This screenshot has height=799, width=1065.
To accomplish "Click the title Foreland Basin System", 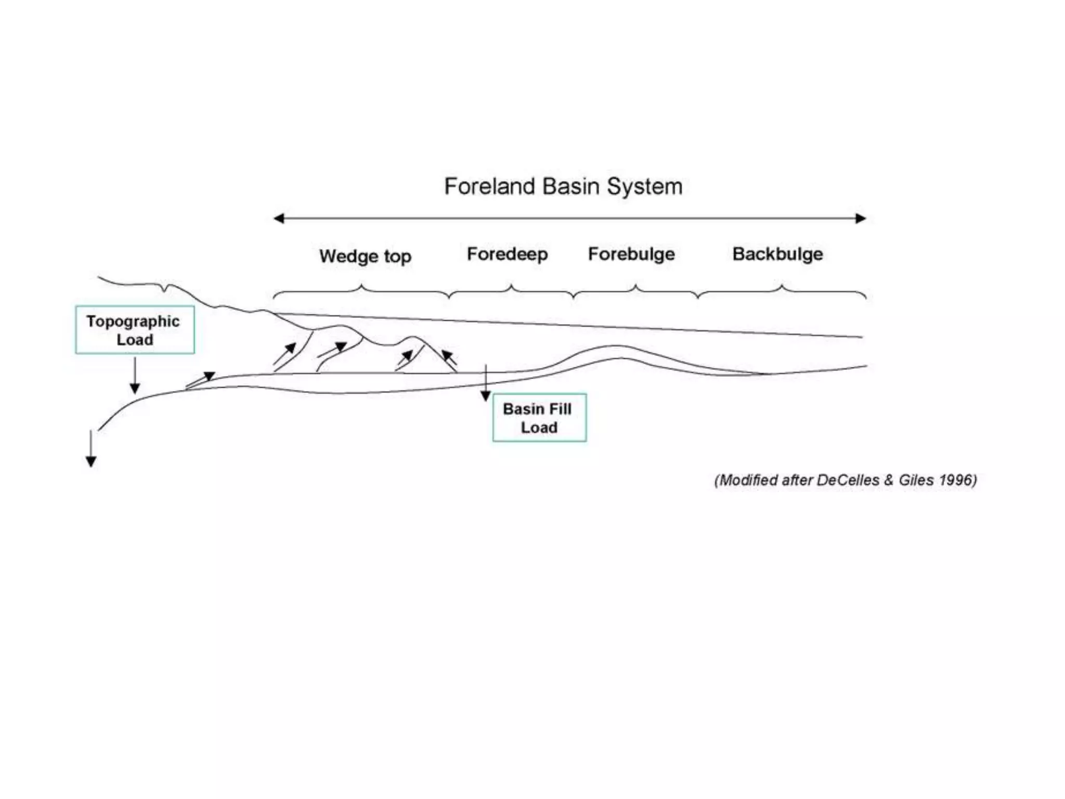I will click(x=563, y=186).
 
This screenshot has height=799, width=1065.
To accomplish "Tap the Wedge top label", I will click(x=365, y=256).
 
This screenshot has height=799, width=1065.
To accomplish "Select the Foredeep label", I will click(x=507, y=254).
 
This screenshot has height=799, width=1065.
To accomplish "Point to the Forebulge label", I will click(x=631, y=254).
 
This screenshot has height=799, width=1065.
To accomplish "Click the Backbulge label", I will click(x=777, y=254).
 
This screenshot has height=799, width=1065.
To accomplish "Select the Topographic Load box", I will click(x=135, y=330).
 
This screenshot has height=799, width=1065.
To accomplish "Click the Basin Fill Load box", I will click(x=539, y=418).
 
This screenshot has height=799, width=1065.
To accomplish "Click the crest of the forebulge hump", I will click(x=616, y=346).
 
